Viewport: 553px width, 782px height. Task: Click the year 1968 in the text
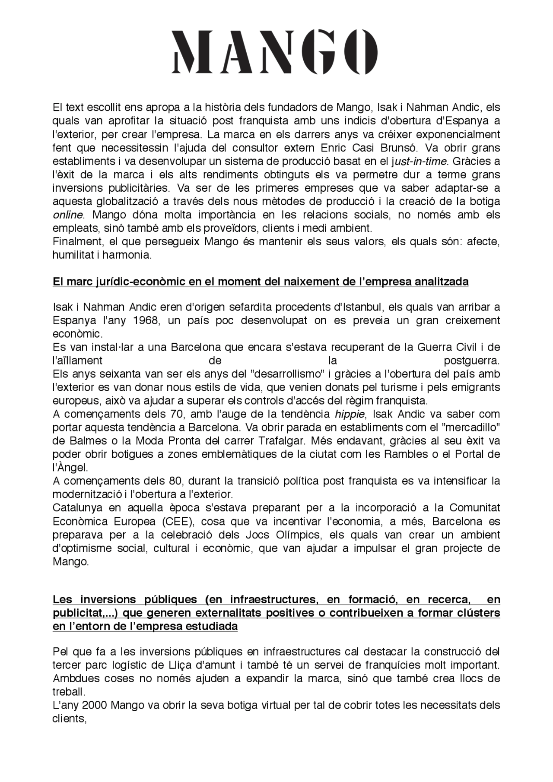(x=147, y=320)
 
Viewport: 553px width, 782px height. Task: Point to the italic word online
(x=67, y=215)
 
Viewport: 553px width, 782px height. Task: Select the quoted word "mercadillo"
(x=474, y=427)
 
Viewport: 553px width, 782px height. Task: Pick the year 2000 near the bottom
(x=95, y=705)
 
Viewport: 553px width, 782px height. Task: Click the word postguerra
(x=472, y=361)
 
